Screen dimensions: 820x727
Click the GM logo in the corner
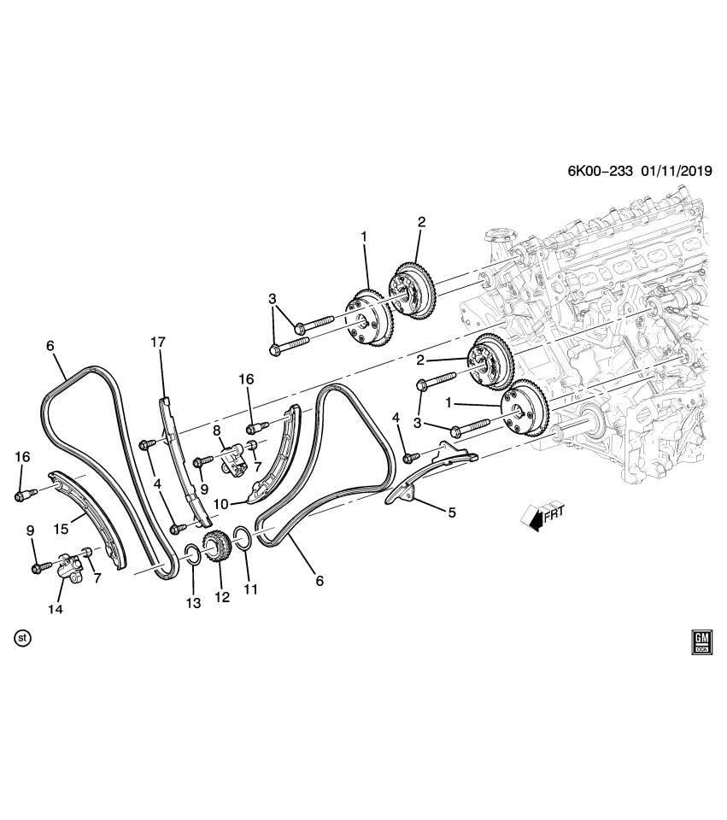click(x=701, y=643)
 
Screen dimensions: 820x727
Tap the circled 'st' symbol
click(x=23, y=638)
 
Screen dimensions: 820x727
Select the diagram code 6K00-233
click(x=600, y=170)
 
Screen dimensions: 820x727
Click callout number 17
click(x=159, y=343)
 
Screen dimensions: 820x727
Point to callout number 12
click(x=222, y=597)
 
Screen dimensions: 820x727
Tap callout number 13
click(x=194, y=603)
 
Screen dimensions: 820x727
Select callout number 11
click(x=249, y=589)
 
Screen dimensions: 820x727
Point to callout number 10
click(x=221, y=504)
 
